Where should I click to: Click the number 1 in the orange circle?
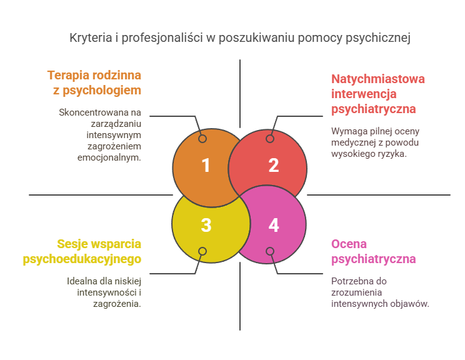click(206, 166)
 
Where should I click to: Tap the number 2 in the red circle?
click(273, 166)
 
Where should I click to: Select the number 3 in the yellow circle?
click(206, 225)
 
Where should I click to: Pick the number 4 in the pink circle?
click(273, 225)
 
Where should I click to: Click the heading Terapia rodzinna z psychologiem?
click(94, 82)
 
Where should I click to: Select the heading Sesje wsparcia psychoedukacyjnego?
click(82, 251)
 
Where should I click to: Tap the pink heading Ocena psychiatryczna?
click(373, 251)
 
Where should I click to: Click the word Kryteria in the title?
click(89, 39)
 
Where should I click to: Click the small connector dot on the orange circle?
click(202, 139)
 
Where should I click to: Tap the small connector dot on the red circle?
click(270, 139)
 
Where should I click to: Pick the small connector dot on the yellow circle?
click(202, 251)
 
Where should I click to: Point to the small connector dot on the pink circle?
click(270, 251)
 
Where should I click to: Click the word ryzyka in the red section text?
click(392, 153)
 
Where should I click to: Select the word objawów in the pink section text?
click(411, 303)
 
